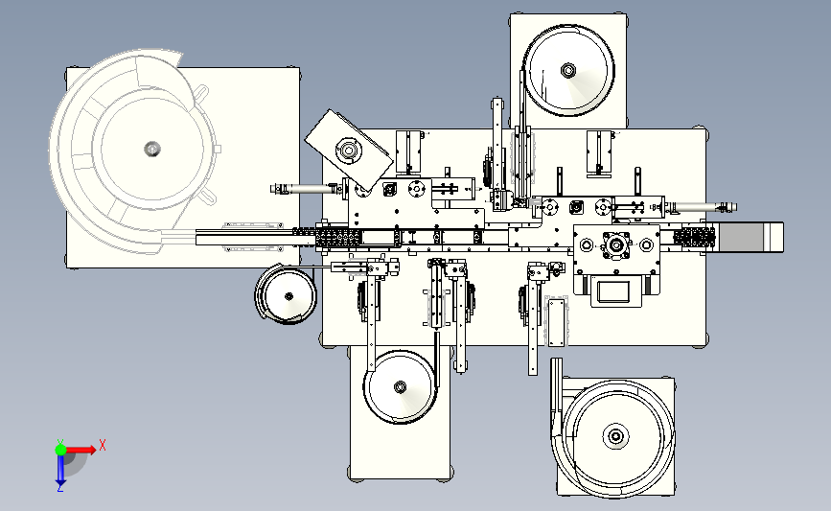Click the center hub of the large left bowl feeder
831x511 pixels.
point(150,148)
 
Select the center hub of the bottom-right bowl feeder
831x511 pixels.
point(613,437)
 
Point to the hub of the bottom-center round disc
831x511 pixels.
point(401,387)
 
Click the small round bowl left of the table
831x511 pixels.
point(286,294)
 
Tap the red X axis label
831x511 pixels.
point(103,445)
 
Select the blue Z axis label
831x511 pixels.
point(59,488)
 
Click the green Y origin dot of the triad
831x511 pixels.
point(60,448)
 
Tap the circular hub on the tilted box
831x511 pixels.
point(346,150)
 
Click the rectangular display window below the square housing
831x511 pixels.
point(616,290)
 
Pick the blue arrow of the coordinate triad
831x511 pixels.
point(60,470)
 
